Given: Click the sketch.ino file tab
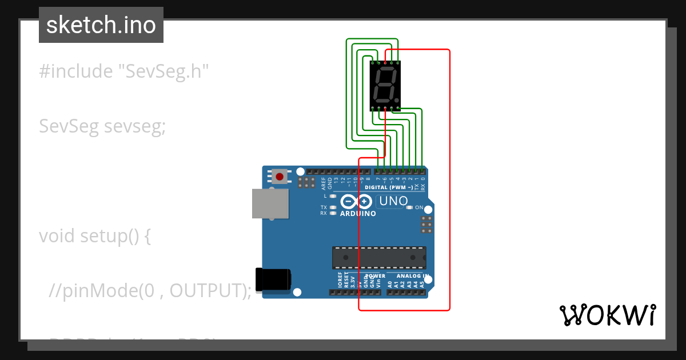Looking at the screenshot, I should click(x=101, y=25).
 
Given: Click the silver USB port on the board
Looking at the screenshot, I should click(x=270, y=204).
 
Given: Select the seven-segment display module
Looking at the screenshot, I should click(x=385, y=85).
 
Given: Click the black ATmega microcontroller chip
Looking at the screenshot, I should click(x=379, y=257).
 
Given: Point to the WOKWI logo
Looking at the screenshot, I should click(x=607, y=315).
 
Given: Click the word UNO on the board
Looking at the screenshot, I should click(x=394, y=201).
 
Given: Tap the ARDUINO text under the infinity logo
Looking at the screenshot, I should click(x=358, y=214).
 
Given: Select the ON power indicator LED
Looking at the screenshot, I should click(x=410, y=207).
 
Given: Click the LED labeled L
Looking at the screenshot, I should click(x=333, y=196).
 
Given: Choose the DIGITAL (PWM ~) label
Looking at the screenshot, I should click(x=389, y=187).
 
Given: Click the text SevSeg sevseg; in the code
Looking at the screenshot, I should click(x=102, y=126).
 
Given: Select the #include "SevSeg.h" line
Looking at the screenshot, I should click(x=124, y=71).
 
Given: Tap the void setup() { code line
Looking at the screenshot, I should click(x=95, y=235).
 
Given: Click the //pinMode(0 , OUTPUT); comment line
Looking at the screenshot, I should click(x=150, y=290).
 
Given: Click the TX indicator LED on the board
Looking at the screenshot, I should click(x=333, y=207).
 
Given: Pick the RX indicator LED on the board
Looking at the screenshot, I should click(x=333, y=213).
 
